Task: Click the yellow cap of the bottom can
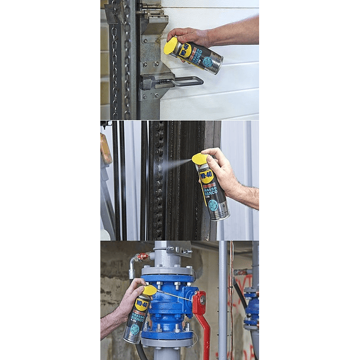click(149, 290)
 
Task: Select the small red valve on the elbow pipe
click(142, 257)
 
